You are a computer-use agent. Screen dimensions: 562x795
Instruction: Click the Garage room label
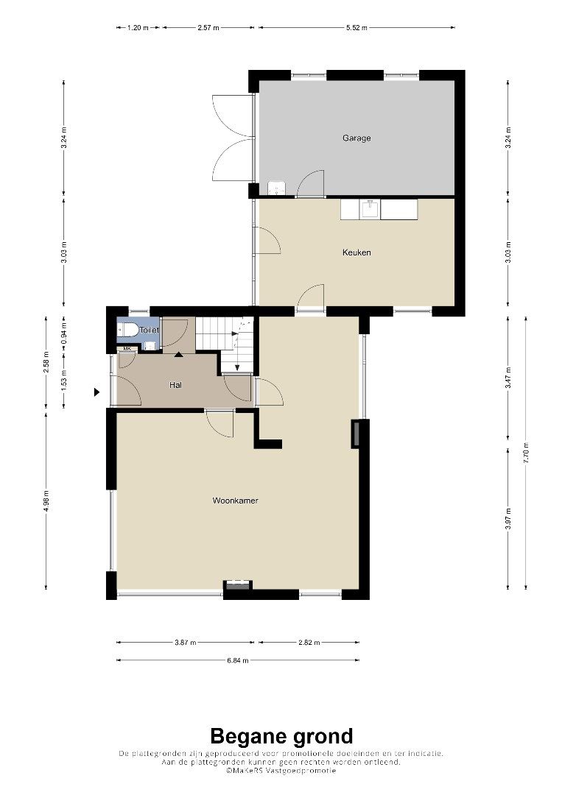tap(356, 138)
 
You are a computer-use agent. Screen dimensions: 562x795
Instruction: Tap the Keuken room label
tap(356, 252)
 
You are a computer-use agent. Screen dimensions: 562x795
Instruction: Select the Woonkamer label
tap(236, 501)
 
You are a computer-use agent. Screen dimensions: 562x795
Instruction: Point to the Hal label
tap(175, 385)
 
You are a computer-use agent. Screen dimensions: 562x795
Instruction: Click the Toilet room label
tap(149, 330)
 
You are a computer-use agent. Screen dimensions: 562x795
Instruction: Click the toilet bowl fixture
tap(127, 330)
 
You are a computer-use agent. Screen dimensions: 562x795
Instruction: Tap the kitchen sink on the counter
tap(370, 209)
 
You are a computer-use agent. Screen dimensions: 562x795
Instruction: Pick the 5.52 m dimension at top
tap(356, 28)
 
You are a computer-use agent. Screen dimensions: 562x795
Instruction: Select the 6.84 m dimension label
tap(238, 660)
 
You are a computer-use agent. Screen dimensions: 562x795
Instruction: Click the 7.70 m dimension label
tap(526, 453)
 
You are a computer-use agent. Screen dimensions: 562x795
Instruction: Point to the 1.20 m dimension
tap(138, 28)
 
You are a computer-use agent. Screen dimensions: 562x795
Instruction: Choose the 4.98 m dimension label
tap(46, 501)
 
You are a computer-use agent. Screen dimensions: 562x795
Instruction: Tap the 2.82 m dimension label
tap(309, 643)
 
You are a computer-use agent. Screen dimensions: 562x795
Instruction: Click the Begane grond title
tap(281, 735)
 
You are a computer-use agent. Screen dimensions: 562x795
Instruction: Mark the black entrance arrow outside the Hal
tap(97, 392)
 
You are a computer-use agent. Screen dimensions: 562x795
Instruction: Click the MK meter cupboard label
tap(126, 349)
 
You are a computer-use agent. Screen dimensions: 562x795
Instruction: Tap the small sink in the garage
tap(276, 188)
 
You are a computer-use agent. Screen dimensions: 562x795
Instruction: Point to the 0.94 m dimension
tap(64, 334)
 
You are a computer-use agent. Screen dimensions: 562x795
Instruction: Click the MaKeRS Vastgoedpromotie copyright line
tap(281, 770)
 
